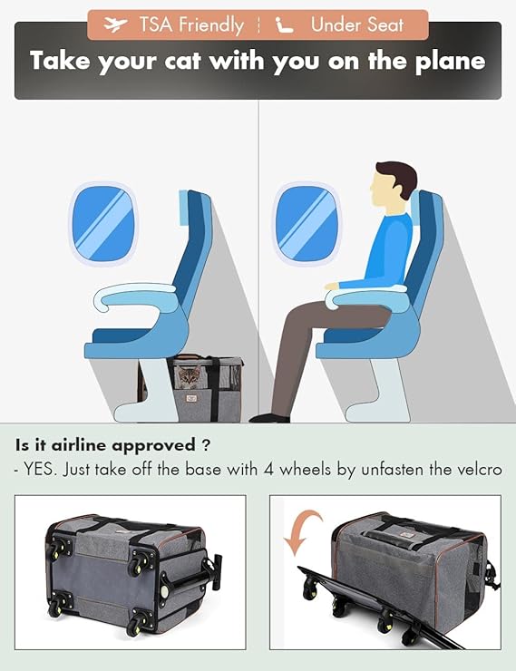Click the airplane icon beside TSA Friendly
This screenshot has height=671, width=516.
[x=115, y=24]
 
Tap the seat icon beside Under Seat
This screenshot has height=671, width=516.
[x=285, y=24]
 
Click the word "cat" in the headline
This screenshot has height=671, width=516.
[x=182, y=61]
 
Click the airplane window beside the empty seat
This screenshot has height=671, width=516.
[x=102, y=223]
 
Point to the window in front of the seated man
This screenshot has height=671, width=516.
[x=306, y=223]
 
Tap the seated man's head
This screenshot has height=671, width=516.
[x=393, y=182]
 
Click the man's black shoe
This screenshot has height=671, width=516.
[x=269, y=418]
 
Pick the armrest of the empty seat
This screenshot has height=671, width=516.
[x=137, y=297]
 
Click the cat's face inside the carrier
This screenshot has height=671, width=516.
[x=189, y=376]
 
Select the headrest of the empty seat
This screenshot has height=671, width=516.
[x=185, y=208]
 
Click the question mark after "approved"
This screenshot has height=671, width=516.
[x=205, y=445]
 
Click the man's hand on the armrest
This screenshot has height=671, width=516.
[x=333, y=286]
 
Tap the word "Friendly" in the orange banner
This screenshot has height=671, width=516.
[x=211, y=24]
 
